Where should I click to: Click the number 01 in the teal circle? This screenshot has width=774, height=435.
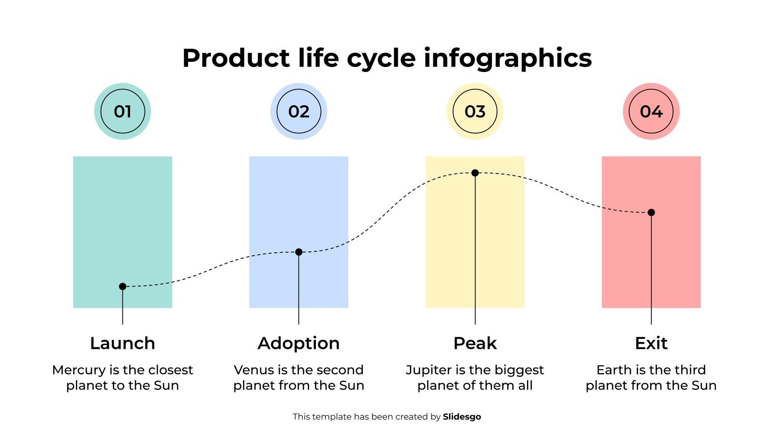click(122, 112)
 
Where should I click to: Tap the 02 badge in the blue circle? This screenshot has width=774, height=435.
click(298, 112)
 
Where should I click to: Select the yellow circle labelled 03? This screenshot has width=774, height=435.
click(475, 112)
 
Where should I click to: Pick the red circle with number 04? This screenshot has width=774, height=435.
click(651, 112)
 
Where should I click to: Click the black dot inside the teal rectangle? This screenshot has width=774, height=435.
click(122, 287)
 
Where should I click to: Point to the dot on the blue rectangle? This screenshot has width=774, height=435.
click(298, 252)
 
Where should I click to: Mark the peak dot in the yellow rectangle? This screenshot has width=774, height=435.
click(475, 173)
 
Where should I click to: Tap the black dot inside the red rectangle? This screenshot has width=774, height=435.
click(651, 212)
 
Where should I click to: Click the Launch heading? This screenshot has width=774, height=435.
click(122, 343)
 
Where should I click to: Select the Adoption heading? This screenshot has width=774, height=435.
click(298, 343)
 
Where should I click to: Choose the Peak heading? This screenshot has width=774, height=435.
click(475, 343)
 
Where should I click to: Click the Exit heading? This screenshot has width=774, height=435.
click(651, 343)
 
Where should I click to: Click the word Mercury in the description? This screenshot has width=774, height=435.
click(78, 370)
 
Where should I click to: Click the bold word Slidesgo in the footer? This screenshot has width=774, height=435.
click(461, 417)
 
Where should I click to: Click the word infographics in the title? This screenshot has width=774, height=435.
click(507, 58)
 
